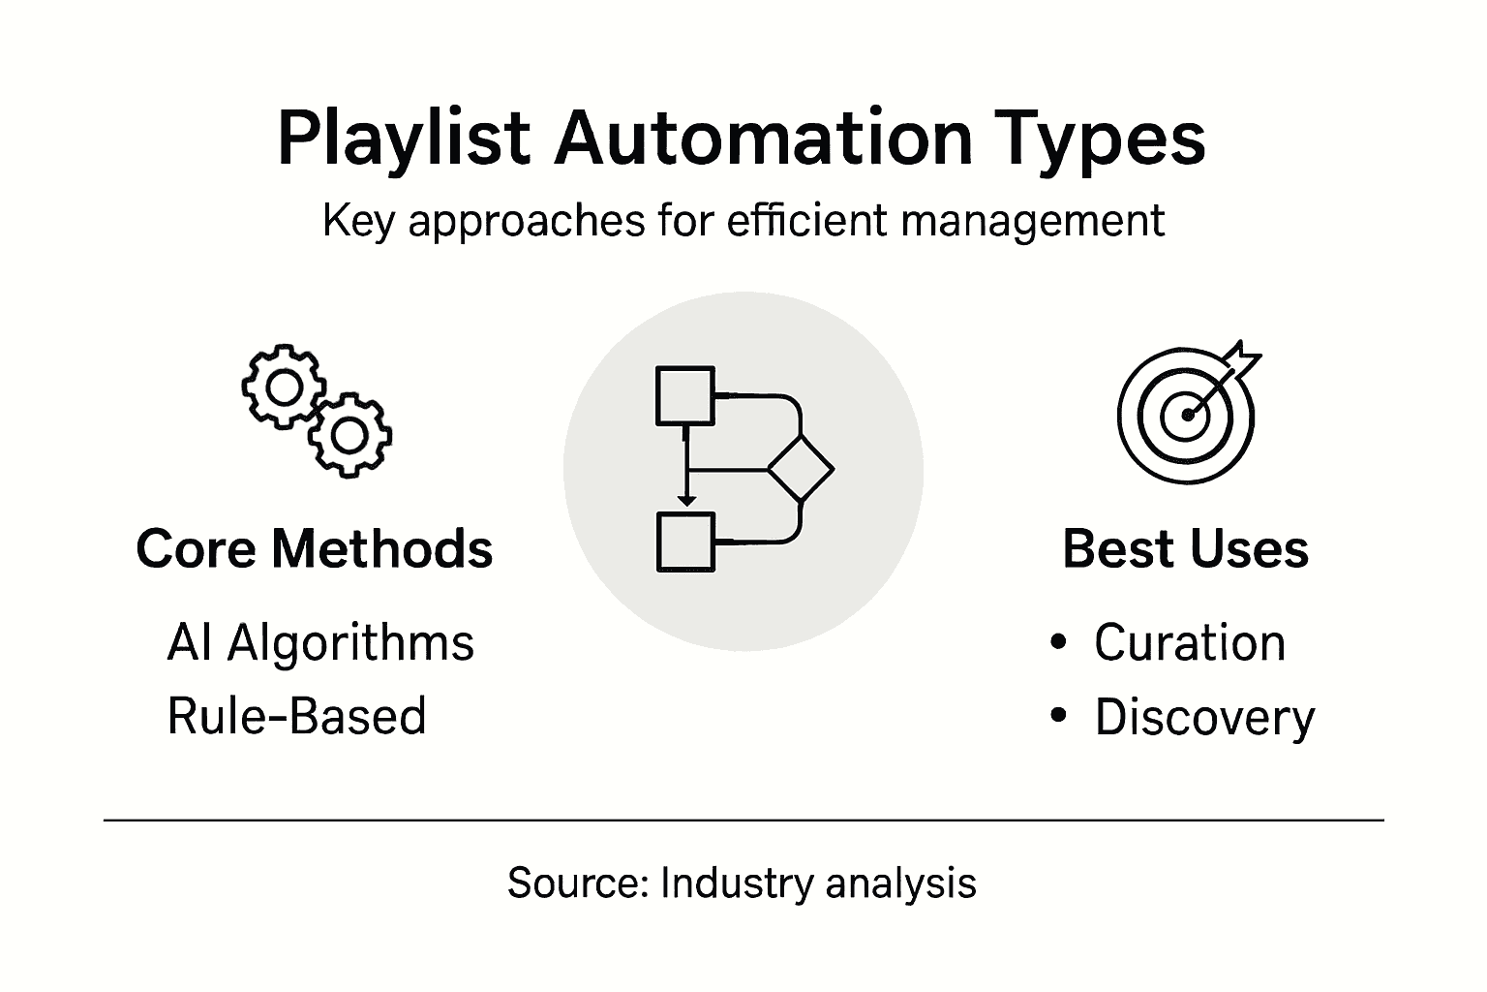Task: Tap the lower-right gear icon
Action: coord(349,435)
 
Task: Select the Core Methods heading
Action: coord(315,548)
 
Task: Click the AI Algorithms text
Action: coord(320,643)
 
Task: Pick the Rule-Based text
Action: coord(296,717)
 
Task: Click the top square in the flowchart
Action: coord(685,396)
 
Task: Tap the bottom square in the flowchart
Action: coord(685,542)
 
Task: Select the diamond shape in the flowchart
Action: coord(801,470)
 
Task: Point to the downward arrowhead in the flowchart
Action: coord(685,499)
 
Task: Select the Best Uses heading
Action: coord(1185,548)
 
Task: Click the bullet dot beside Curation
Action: coord(1057,641)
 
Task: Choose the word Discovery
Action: coord(1204,718)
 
